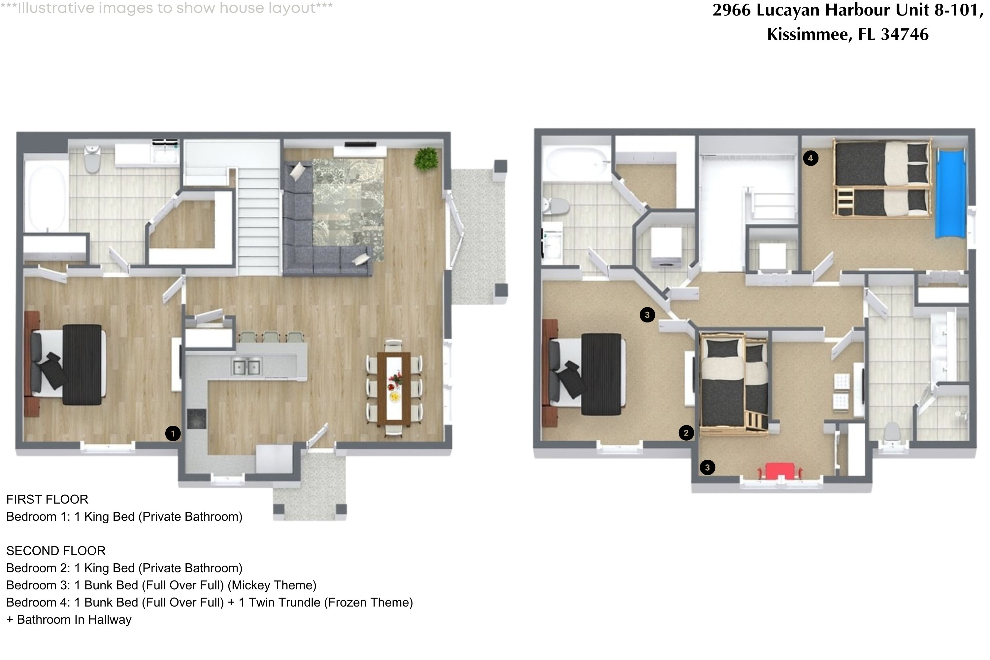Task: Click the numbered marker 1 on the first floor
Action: pos(173,433)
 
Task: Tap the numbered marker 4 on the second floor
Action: pos(810,158)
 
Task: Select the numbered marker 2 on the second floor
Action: pos(686,432)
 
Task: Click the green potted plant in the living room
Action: pos(426,159)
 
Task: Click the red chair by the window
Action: pos(780,471)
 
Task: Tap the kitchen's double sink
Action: pos(246,367)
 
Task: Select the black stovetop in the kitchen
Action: pos(197,419)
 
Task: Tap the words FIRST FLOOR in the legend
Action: pos(47,499)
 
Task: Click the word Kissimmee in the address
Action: pos(807,34)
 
